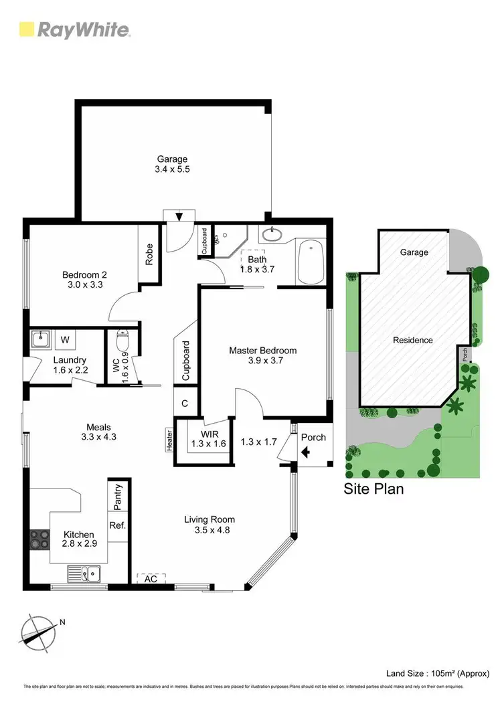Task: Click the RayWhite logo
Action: click(74, 29)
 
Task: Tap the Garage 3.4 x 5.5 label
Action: click(173, 164)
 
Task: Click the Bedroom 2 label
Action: click(84, 279)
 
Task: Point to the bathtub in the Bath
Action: click(311, 263)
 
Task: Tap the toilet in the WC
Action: click(122, 341)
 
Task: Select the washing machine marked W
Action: click(66, 340)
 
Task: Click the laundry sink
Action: click(41, 339)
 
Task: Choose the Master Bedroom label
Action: click(262, 355)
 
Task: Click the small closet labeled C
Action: click(185, 403)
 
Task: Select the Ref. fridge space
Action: click(118, 525)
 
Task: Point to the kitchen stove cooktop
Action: click(39, 539)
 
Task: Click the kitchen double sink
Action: click(83, 573)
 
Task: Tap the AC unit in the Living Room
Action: click(151, 579)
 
